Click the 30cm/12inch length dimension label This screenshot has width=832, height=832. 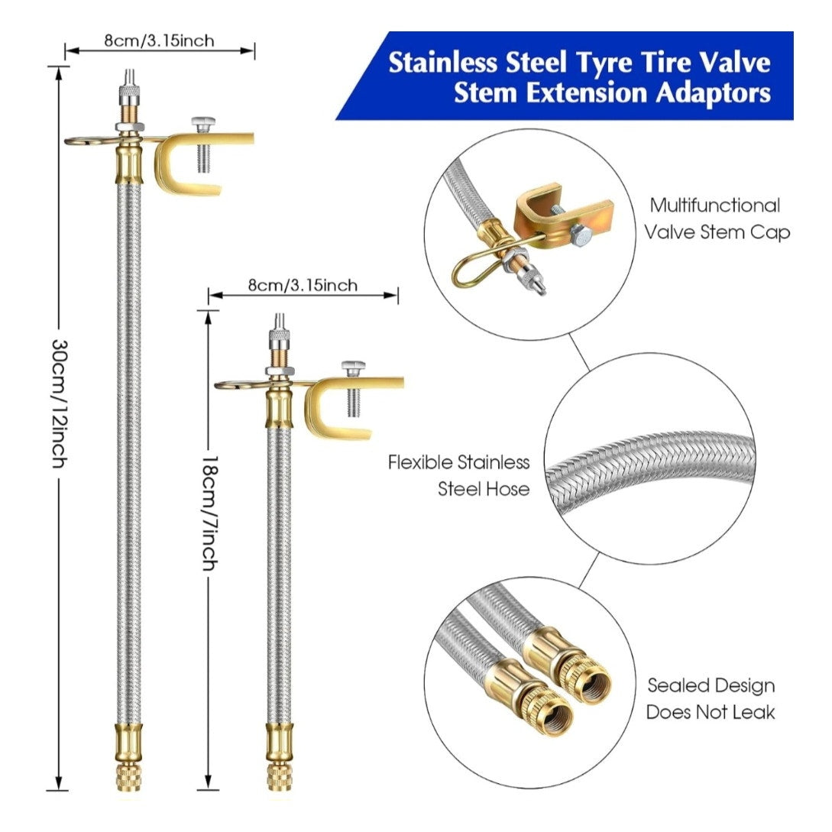60,404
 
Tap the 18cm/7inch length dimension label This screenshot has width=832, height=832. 210,513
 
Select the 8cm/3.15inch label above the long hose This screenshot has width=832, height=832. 159,40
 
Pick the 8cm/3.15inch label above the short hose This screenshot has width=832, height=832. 303,285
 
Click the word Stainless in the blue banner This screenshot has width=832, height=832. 443,63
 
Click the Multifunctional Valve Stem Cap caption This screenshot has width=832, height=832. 717,219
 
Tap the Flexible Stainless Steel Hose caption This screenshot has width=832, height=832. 459,475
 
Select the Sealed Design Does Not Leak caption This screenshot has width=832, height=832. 711,698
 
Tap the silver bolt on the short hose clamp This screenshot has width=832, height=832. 354,388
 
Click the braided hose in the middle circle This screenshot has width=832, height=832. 649,467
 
